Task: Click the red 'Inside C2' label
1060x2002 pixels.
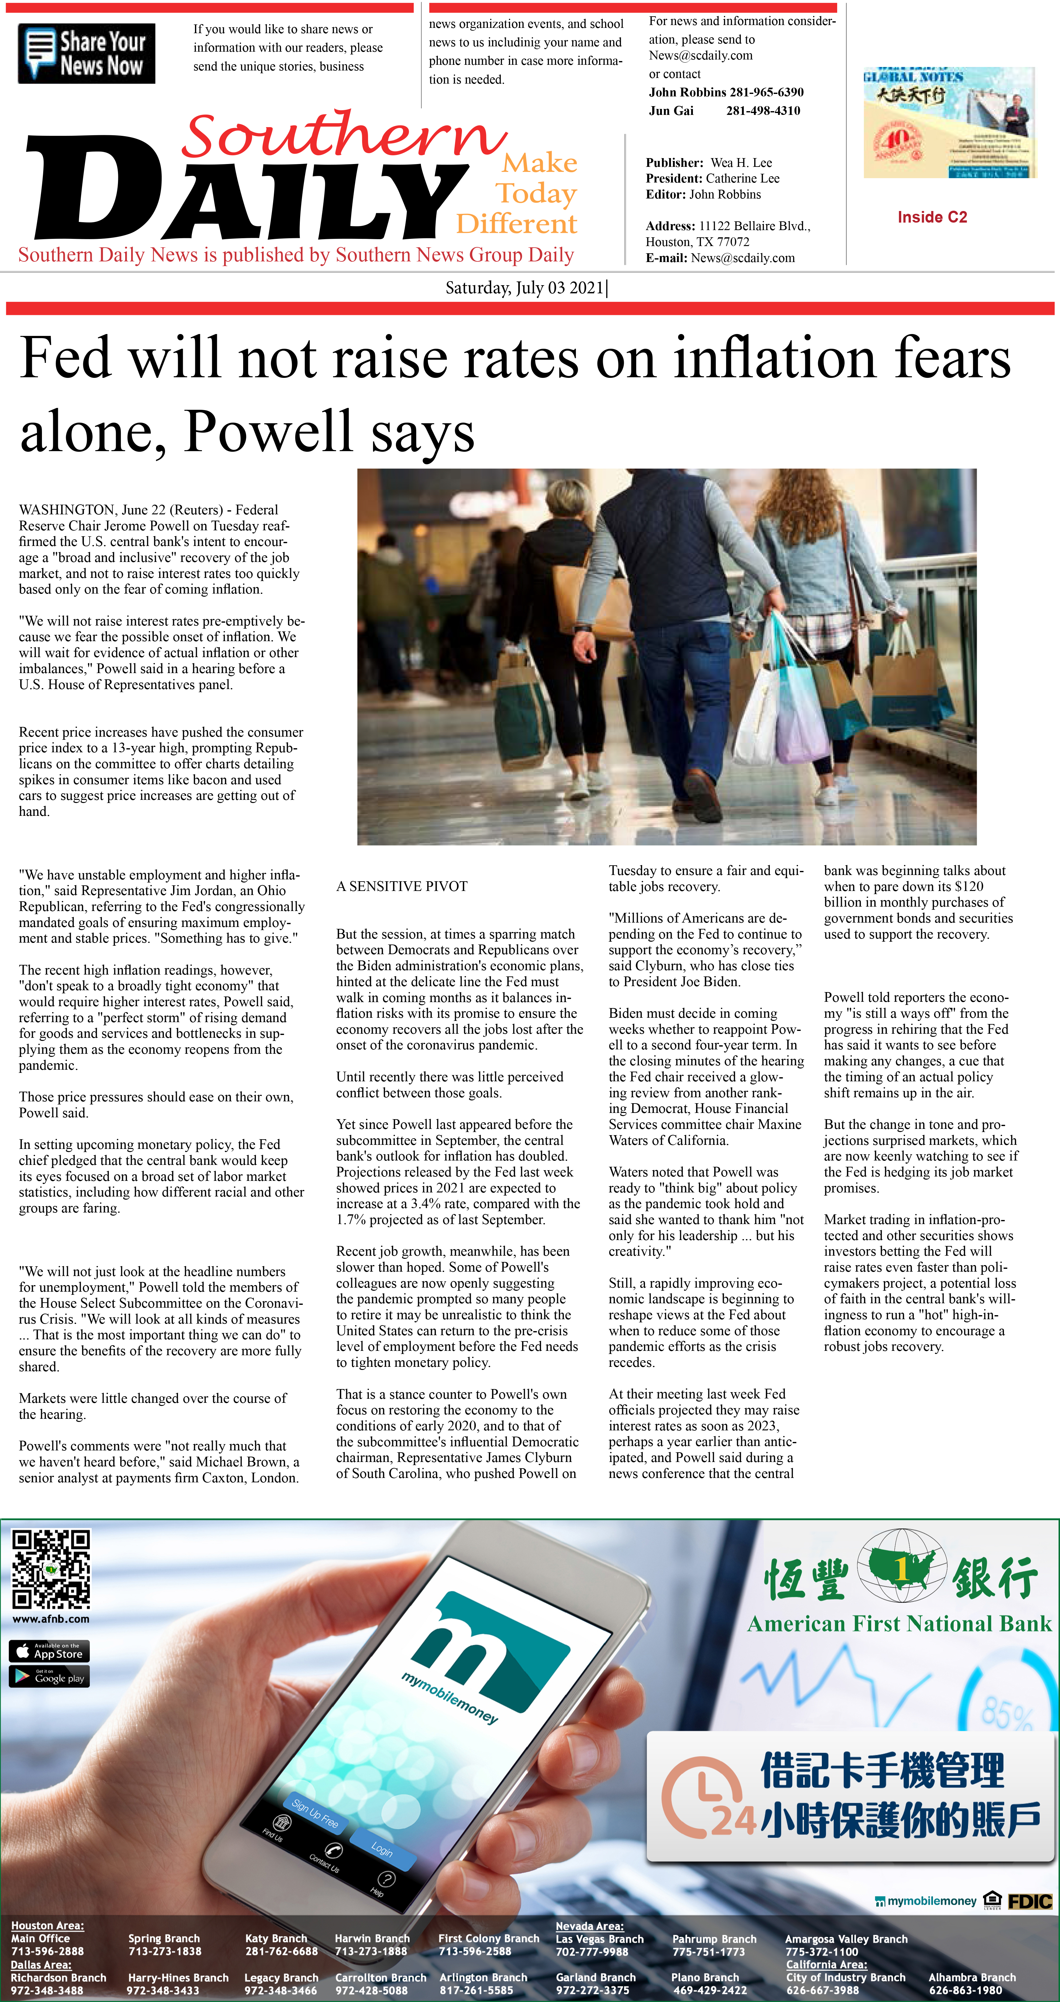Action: (932, 217)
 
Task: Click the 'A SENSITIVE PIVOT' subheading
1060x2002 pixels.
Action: (402, 886)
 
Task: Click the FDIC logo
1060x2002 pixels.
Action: (1030, 1902)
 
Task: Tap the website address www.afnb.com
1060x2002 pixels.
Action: (50, 1619)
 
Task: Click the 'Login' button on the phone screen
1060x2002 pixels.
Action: (381, 1848)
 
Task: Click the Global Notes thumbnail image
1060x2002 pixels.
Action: (949, 123)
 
